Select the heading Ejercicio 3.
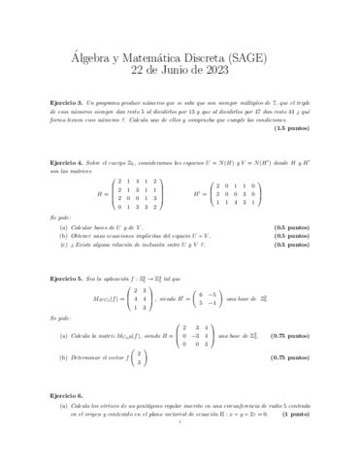[66, 102]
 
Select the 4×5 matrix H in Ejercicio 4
[137, 194]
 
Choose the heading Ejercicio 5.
[66, 279]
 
